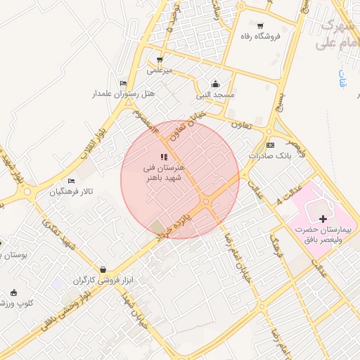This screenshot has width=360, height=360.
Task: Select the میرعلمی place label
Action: (x=159, y=70)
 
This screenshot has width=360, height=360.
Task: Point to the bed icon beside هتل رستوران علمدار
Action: (x=124, y=83)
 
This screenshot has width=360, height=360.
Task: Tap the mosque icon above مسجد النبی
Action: (x=215, y=84)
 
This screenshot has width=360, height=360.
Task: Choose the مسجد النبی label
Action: (x=215, y=94)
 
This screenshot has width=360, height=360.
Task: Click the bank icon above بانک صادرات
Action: (x=270, y=144)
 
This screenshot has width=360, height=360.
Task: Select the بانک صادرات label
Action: (x=265, y=155)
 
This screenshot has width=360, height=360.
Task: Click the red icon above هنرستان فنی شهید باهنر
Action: (x=164, y=157)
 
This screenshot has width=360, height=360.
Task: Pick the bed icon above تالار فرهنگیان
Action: (x=71, y=181)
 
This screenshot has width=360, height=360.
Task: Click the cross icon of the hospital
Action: (x=323, y=220)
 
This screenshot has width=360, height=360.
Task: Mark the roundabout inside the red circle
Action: (x=206, y=202)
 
